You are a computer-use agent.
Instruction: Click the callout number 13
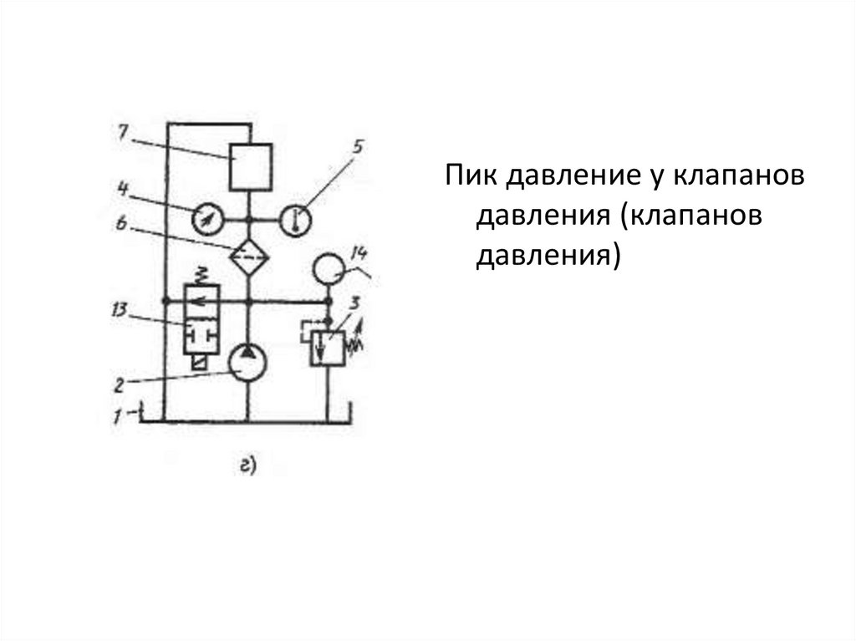(x=118, y=312)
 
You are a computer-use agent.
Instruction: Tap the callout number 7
(x=122, y=133)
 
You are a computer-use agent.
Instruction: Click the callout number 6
(x=122, y=223)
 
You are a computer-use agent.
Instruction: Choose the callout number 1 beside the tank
(x=119, y=415)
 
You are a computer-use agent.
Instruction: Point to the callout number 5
(x=357, y=147)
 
